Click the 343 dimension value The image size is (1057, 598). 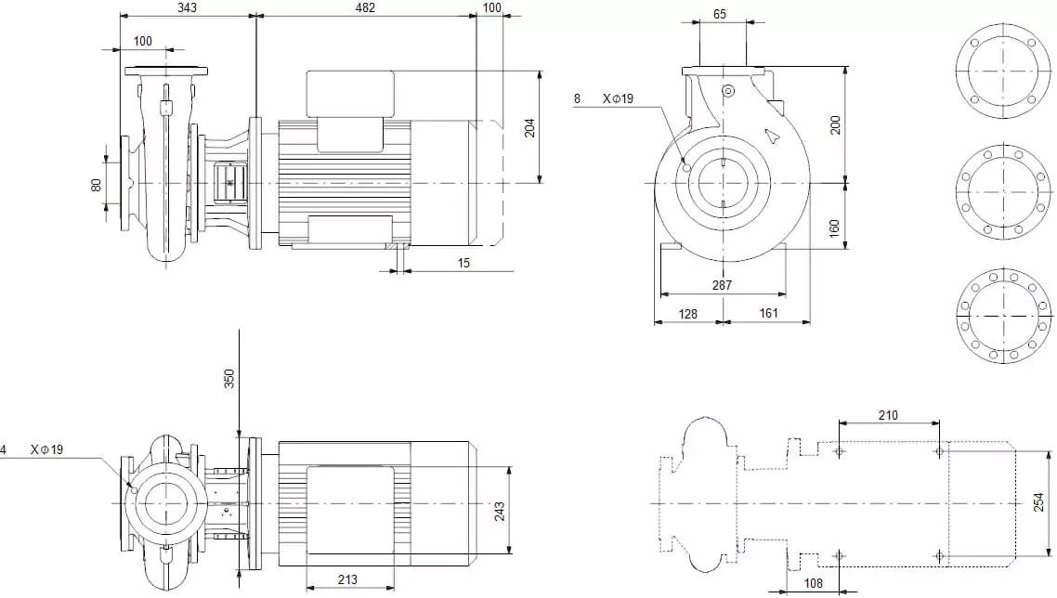point(187,7)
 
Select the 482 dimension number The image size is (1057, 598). point(365,7)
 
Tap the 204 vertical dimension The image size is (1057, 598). point(530,127)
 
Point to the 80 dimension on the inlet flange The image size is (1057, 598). point(96,185)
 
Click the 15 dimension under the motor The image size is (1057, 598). point(463,263)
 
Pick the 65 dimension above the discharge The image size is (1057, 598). point(721,14)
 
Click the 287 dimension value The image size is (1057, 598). point(722,285)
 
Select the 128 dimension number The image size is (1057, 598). point(687,314)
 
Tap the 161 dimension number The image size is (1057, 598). point(768,314)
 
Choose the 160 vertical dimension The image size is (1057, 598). point(834,227)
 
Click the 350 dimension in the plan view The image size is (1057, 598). point(229,378)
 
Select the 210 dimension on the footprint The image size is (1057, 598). point(888,415)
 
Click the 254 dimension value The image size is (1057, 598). point(1038,502)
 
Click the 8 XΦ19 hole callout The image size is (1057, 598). point(604,98)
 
